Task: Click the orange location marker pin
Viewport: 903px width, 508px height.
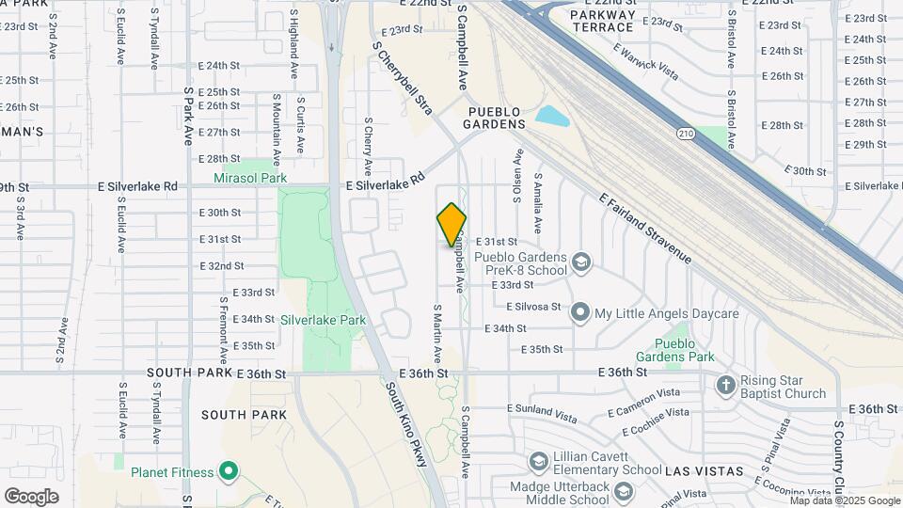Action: click(x=451, y=225)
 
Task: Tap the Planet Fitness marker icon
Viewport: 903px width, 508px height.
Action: click(x=227, y=471)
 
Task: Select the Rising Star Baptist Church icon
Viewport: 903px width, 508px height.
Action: click(x=725, y=385)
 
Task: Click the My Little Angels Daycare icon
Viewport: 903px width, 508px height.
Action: click(x=580, y=312)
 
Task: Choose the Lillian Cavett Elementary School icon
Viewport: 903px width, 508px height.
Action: click(x=538, y=461)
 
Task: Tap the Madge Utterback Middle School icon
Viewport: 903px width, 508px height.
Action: click(x=622, y=490)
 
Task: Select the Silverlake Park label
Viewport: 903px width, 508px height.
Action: click(x=323, y=320)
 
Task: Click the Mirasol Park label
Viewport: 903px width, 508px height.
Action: click(x=249, y=177)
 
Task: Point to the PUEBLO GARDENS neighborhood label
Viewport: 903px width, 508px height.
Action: click(x=495, y=118)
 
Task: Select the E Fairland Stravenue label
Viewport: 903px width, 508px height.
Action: click(x=645, y=229)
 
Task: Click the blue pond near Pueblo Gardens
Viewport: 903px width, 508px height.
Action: click(x=552, y=118)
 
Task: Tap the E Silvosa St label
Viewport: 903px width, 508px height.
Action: click(x=533, y=307)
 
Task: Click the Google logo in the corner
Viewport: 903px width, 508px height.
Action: click(x=31, y=497)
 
